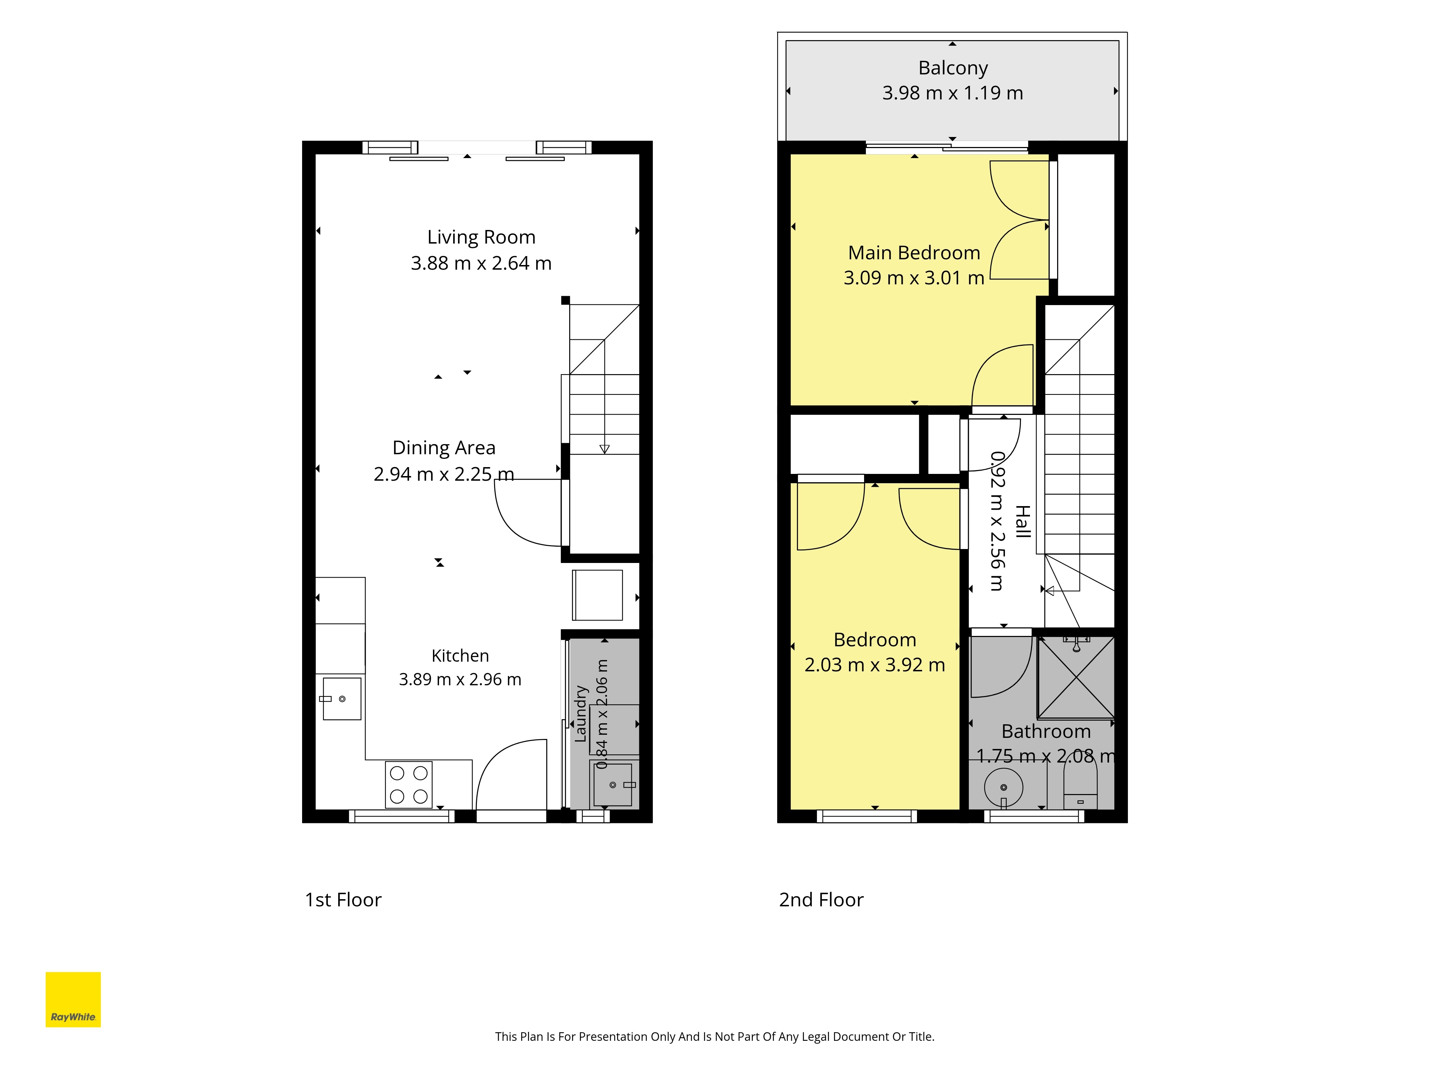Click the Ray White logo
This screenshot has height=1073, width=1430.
coord(73,999)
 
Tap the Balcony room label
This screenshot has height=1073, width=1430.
coord(953,68)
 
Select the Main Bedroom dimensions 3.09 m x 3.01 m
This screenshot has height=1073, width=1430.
coord(913,278)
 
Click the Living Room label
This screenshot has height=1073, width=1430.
coord(481,237)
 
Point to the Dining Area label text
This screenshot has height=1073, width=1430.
coord(444,447)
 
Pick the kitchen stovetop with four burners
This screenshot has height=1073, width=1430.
coord(409,784)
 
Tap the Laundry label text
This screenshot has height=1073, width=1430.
coord(581,714)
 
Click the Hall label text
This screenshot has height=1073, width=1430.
coord(1022,521)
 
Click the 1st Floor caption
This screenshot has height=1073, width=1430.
coord(343,900)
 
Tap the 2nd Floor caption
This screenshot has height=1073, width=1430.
coord(821,900)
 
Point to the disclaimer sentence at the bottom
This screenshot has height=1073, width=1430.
coord(714,1037)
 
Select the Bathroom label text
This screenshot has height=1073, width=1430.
coord(1046,731)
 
